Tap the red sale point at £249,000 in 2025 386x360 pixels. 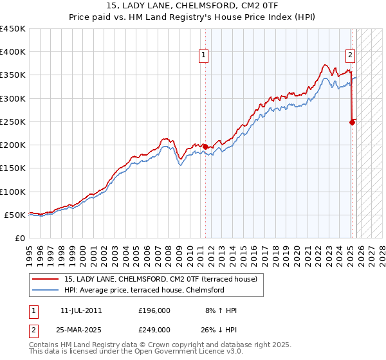[353, 122]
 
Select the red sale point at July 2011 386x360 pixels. [205, 147]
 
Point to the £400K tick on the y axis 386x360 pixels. [13, 52]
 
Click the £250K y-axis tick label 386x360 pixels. [13, 122]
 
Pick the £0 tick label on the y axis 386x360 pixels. [19, 238]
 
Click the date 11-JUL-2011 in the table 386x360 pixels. [81, 310]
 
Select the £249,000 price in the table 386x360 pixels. [154, 329]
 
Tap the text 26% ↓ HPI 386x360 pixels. [217, 329]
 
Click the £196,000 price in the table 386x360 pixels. [154, 310]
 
